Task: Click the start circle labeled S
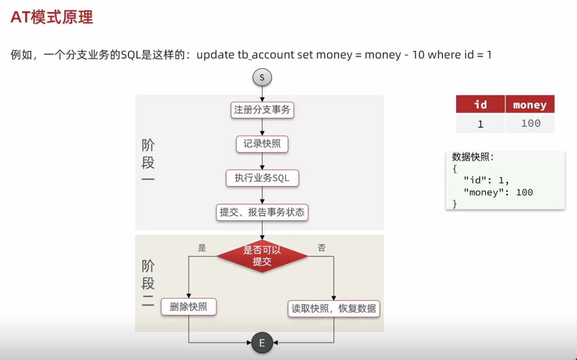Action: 262,77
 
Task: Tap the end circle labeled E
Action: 262,343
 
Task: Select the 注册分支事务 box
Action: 262,110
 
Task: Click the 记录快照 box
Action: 262,144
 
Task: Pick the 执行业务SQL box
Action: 262,178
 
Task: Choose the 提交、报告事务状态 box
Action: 262,212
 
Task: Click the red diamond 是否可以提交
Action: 262,256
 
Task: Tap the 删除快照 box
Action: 189,307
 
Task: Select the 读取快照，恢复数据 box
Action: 334,309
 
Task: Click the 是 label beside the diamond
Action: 202,248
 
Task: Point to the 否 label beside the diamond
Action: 322,248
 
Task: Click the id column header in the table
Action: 480,104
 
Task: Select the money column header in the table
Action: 530,104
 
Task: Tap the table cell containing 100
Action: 530,124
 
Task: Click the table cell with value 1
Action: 480,124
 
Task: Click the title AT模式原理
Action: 51,17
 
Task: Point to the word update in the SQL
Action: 215,55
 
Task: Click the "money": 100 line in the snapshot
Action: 498,192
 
